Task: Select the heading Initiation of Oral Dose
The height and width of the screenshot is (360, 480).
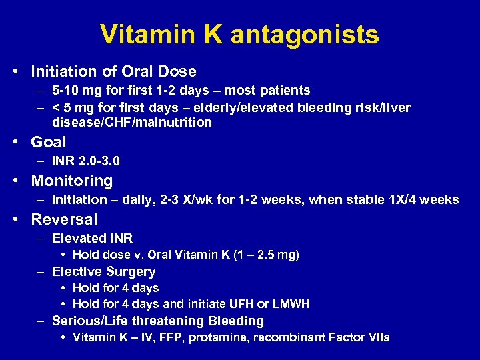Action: [114, 71]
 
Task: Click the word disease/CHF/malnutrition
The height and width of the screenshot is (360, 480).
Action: [132, 122]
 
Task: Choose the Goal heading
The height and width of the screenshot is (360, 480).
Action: [49, 142]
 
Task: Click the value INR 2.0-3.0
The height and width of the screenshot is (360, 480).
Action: [86, 161]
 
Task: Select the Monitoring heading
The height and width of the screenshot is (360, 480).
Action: [72, 181]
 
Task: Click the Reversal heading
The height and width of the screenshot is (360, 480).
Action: [64, 219]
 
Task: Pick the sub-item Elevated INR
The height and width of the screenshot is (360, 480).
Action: [92, 238]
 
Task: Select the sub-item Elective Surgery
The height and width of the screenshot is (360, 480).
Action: [103, 271]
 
